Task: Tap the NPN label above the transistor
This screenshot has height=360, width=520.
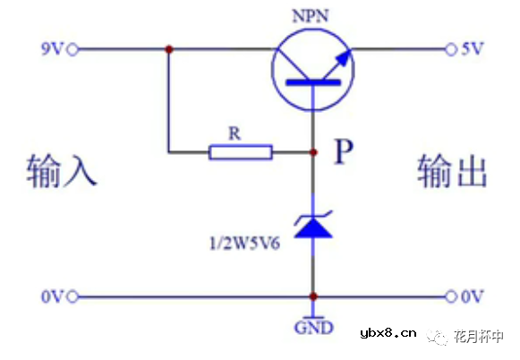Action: click(312, 16)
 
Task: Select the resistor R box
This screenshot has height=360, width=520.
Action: click(240, 152)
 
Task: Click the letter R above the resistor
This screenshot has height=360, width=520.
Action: click(235, 133)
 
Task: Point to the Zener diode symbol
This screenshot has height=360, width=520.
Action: click(313, 222)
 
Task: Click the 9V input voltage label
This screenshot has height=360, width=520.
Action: click(51, 49)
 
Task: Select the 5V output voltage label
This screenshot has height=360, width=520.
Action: click(473, 49)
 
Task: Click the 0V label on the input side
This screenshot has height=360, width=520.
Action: click(51, 296)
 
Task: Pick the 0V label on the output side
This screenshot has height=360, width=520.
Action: click(473, 296)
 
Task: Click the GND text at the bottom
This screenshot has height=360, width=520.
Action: click(313, 328)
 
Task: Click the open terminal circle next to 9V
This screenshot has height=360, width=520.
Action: click(73, 49)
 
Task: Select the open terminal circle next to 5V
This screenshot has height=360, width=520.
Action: click(450, 49)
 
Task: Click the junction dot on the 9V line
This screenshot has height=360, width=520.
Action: click(168, 49)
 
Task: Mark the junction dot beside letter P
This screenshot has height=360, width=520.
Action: click(313, 152)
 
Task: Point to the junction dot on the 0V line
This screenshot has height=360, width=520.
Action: click(313, 296)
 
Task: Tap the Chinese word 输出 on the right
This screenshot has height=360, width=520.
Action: click(452, 170)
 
